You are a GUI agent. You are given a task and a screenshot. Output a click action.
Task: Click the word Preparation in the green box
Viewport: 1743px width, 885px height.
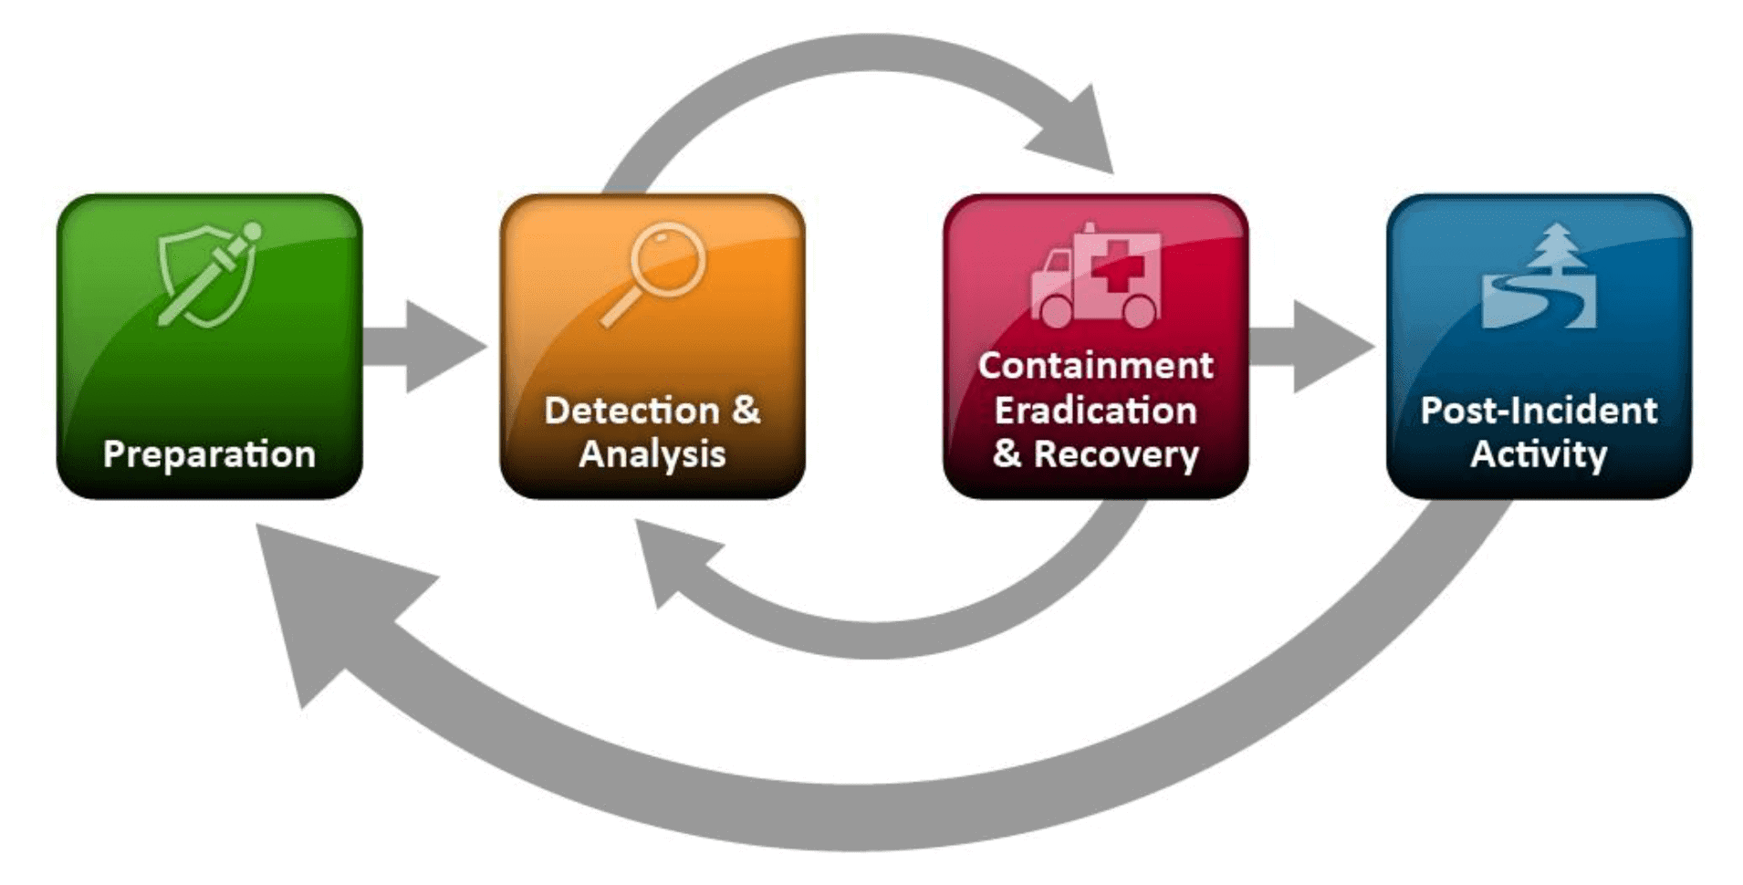(209, 454)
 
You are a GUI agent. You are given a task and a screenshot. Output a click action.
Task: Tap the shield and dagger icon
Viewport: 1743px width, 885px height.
(209, 274)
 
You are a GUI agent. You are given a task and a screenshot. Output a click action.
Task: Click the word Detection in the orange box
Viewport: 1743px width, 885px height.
(631, 411)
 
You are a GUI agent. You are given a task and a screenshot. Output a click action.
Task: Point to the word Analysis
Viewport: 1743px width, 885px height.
(652, 454)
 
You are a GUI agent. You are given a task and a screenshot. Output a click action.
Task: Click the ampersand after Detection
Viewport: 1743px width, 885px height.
(746, 410)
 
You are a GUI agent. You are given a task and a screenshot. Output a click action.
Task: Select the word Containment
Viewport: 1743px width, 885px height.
(1095, 366)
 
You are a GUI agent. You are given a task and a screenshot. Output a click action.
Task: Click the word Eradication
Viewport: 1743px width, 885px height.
(1095, 411)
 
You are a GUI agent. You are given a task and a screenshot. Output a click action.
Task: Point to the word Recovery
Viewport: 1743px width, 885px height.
(1116, 454)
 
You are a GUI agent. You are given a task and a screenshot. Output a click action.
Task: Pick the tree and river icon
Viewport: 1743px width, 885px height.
(1539, 278)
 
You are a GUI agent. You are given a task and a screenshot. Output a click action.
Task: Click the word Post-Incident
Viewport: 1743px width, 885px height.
(1539, 411)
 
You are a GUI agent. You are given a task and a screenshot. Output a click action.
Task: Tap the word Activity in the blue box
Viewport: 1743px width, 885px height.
(1539, 454)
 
